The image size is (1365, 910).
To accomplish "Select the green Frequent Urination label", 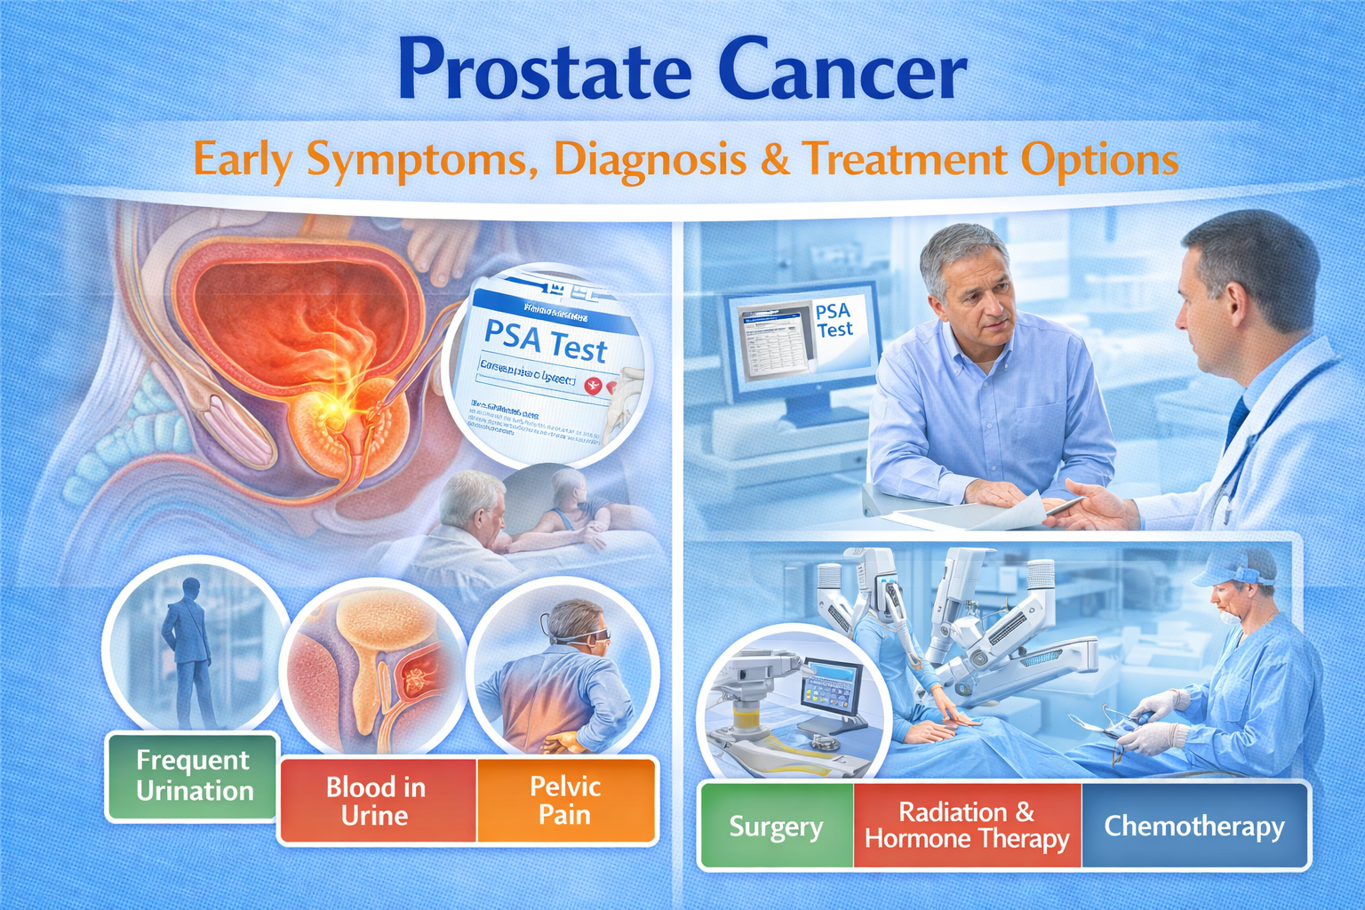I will [x=194, y=776].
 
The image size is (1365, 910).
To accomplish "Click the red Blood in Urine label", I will [x=377, y=801].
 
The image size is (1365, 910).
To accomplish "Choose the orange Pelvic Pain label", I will [x=566, y=800].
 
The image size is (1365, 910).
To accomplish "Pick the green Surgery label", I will [x=776, y=826].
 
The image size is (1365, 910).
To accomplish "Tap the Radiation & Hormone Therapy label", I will [x=967, y=826].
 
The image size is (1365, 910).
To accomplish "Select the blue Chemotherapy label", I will [x=1194, y=826].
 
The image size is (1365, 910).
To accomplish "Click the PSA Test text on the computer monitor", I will [x=834, y=320].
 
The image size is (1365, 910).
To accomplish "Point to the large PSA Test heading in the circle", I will [x=546, y=341].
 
